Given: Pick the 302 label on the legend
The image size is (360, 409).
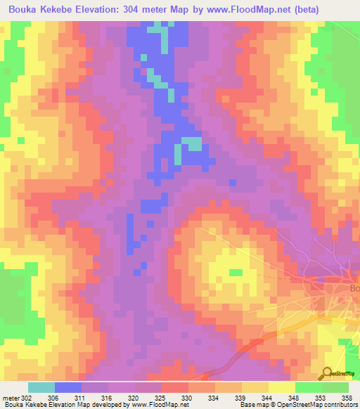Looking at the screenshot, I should [x=26, y=398].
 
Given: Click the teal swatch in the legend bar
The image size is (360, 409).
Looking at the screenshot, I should [x=41, y=387].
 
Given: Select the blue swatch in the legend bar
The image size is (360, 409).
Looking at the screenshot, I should [x=68, y=387].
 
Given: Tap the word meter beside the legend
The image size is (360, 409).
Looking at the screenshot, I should [x=11, y=398].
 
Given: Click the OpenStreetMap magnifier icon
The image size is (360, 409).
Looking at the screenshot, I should [x=326, y=373].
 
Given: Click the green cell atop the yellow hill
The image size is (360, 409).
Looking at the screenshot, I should [x=236, y=273].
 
